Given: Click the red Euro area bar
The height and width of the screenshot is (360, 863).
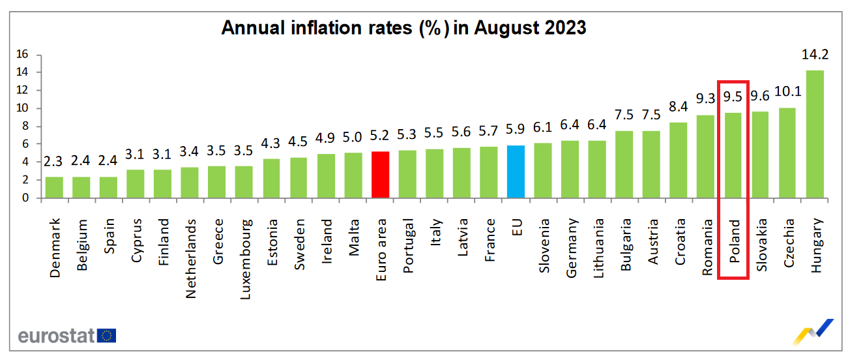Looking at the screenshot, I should pyautogui.click(x=380, y=175).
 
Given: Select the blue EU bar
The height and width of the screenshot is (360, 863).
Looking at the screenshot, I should pyautogui.click(x=516, y=172).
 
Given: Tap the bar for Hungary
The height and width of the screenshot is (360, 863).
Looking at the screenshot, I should pyautogui.click(x=815, y=134).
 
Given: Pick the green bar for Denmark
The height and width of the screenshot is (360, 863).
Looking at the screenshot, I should pyautogui.click(x=54, y=187).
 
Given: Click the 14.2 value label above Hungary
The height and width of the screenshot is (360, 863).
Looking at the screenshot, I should pyautogui.click(x=815, y=55).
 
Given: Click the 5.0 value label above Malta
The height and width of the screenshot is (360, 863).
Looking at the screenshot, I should pyautogui.click(x=353, y=137).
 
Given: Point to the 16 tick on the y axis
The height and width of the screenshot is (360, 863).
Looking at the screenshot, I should pyautogui.click(x=23, y=54).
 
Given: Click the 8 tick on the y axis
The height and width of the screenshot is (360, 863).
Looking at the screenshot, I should pyautogui.click(x=25, y=126).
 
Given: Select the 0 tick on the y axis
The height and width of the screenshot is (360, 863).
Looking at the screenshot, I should pyautogui.click(x=25, y=198).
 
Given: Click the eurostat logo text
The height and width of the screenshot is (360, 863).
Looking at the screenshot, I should pyautogui.click(x=57, y=336).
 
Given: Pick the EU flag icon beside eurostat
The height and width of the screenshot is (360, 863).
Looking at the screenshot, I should pyautogui.click(x=107, y=335).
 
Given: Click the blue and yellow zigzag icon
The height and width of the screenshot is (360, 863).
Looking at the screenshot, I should pyautogui.click(x=813, y=331).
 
